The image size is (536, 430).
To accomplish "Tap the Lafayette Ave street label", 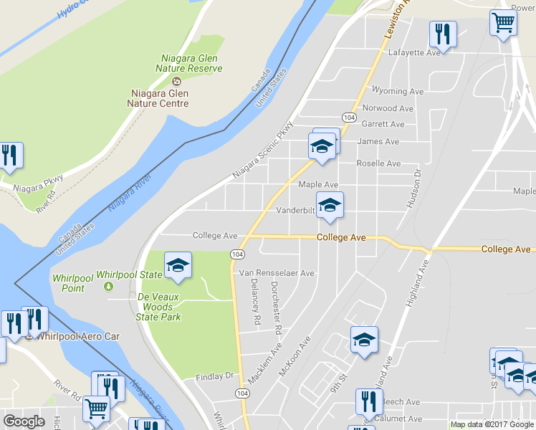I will [413, 53].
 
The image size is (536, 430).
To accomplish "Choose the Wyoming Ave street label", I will [398, 92].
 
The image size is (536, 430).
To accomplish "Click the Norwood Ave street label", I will [388, 109].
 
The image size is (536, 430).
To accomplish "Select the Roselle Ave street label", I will [379, 164].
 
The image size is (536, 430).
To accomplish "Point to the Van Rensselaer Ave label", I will [277, 273].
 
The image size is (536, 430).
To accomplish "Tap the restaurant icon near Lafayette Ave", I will [442, 34].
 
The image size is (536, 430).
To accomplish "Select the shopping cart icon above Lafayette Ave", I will [504, 22].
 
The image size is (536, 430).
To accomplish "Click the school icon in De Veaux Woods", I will [178, 265].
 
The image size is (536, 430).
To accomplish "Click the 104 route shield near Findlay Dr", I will [242, 394].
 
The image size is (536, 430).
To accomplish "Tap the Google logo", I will [24, 421].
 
